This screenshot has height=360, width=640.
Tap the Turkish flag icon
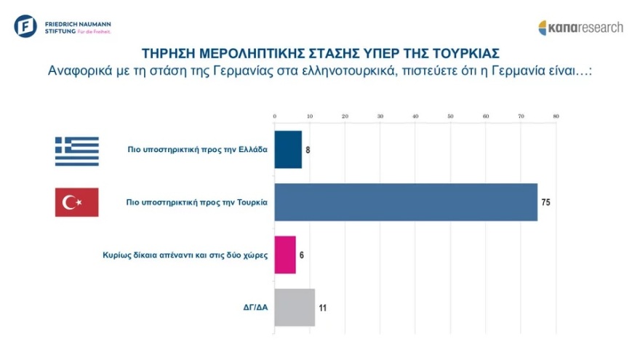tap(76, 201)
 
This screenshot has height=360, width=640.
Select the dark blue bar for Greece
tap(288, 149)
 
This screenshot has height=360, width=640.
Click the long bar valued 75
tap(406, 201)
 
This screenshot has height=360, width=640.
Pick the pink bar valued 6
tap(285, 255)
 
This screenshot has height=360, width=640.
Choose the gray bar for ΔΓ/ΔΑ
tap(295, 307)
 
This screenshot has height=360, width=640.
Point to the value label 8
tap(308, 149)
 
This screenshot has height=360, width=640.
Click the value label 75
tap(546, 201)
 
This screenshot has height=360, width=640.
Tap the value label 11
tap(322, 308)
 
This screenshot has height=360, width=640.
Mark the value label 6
tap(302, 255)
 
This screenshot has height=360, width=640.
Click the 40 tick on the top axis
tap(415, 116)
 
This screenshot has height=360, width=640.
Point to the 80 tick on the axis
tap(556, 116)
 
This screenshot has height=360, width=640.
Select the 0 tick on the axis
tap(275, 116)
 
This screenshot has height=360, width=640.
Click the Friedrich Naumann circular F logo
tap(25, 25)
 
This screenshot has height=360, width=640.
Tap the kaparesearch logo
tap(580, 28)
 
